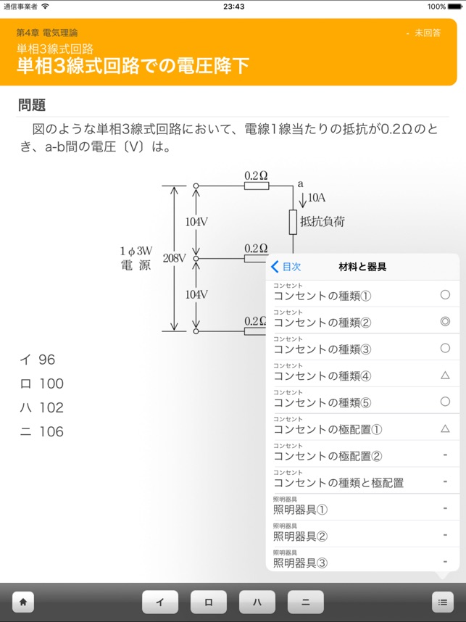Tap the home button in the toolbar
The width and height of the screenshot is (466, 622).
(x=23, y=602)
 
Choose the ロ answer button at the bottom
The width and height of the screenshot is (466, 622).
(x=209, y=602)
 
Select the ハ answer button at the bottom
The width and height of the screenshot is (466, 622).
(x=257, y=602)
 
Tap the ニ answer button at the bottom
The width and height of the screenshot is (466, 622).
(x=305, y=602)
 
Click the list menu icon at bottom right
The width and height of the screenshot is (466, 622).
(x=441, y=602)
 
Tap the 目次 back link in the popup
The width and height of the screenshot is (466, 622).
(x=286, y=267)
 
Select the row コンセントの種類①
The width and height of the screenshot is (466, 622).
(x=323, y=296)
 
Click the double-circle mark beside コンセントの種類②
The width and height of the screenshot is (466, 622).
(x=445, y=322)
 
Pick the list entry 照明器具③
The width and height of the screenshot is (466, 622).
(x=301, y=563)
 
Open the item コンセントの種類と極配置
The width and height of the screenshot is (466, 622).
(x=338, y=482)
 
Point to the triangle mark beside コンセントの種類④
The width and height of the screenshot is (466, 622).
(x=445, y=376)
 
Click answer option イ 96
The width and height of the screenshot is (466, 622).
(x=38, y=360)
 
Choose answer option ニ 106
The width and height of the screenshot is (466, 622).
(x=42, y=432)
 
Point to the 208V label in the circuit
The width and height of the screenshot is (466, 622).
(x=175, y=258)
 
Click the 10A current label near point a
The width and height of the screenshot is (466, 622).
(x=317, y=197)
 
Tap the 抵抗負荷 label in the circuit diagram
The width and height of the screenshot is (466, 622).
(x=322, y=222)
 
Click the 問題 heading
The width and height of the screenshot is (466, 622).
(x=32, y=105)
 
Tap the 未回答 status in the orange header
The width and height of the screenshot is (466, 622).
(x=427, y=33)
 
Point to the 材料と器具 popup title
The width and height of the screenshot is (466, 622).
(x=362, y=267)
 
